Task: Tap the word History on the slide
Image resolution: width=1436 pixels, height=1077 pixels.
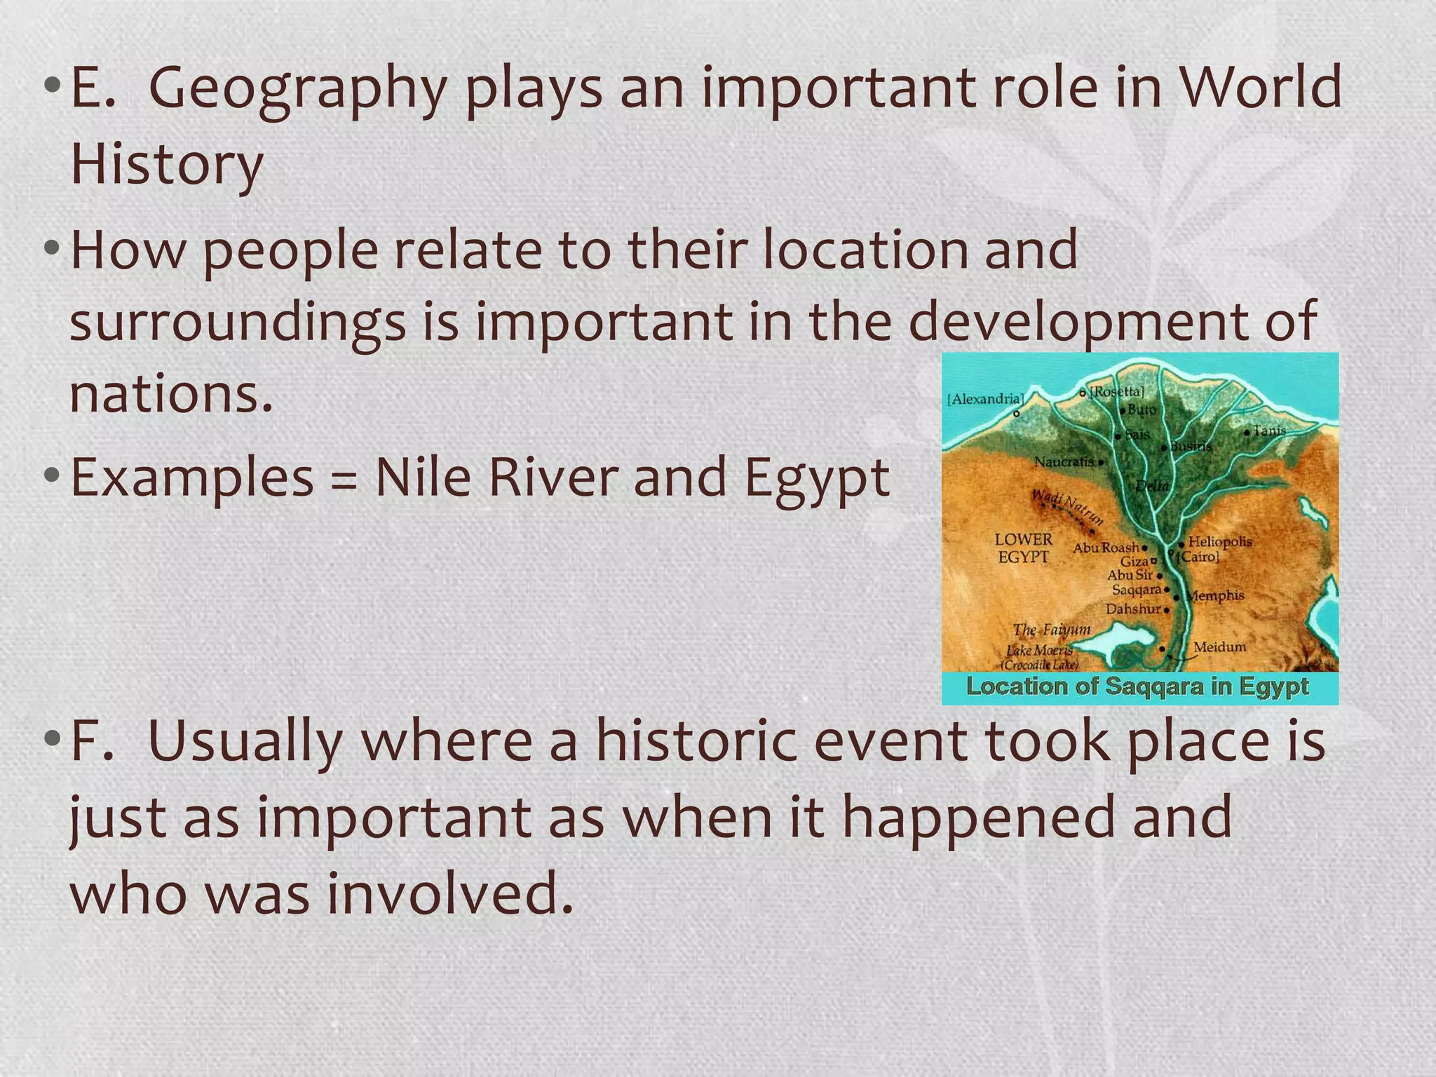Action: click(167, 165)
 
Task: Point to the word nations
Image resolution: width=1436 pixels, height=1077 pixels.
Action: click(171, 394)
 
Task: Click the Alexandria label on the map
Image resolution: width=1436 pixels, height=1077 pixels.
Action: click(985, 399)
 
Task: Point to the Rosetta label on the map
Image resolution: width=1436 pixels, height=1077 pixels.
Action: click(1117, 391)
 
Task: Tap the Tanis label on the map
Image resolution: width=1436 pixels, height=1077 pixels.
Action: click(1269, 430)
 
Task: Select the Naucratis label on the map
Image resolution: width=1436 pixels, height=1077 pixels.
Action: click(1064, 462)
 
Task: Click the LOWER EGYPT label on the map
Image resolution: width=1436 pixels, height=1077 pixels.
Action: click(1024, 548)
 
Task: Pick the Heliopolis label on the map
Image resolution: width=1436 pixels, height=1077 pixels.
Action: click(1220, 541)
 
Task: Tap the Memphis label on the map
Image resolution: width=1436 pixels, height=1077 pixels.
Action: click(1217, 596)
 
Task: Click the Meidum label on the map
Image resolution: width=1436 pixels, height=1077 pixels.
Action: click(1220, 646)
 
